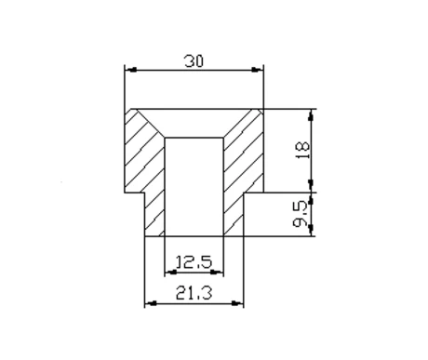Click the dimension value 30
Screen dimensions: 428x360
[194, 61]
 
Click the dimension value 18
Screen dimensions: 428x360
[303, 150]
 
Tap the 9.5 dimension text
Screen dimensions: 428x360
[301, 214]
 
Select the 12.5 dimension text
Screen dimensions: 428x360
[194, 262]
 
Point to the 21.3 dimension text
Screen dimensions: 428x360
[194, 293]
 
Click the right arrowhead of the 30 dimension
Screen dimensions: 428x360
[257, 70]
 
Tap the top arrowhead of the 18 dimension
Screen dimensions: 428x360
[311, 115]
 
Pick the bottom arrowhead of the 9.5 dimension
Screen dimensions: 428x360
[311, 231]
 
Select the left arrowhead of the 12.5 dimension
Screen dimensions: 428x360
[171, 273]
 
